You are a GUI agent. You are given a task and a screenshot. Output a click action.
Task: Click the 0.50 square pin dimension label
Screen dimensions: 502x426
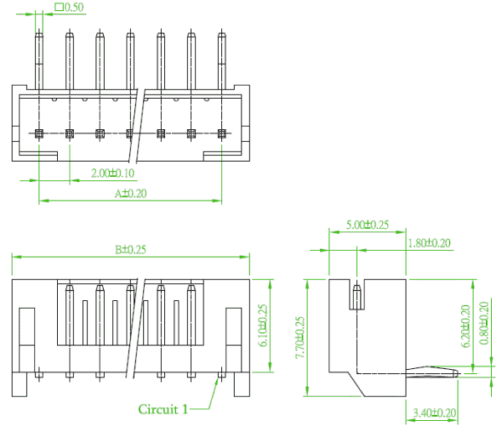pyautogui.click(x=70, y=7)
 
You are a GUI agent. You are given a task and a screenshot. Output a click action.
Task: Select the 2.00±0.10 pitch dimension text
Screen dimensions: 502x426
pyautogui.click(x=112, y=173)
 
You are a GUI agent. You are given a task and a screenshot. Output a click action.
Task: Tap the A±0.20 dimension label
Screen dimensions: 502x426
pyautogui.click(x=131, y=193)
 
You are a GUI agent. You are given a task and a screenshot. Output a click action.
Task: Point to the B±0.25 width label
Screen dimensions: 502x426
pyautogui.click(x=131, y=249)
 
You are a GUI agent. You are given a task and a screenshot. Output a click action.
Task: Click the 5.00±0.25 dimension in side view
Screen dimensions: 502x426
pyautogui.click(x=368, y=224)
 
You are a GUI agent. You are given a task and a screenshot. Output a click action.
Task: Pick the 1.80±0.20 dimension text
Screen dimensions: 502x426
pyautogui.click(x=430, y=243)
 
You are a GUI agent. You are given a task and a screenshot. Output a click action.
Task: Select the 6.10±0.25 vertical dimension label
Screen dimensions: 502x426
pyautogui.click(x=263, y=325)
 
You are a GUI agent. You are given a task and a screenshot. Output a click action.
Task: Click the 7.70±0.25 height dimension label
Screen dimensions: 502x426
pyautogui.click(x=299, y=338)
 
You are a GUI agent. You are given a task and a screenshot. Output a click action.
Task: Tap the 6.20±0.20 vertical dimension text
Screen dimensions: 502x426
pyautogui.click(x=465, y=327)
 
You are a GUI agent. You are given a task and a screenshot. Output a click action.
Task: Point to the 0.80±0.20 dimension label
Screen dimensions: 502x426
pyautogui.click(x=484, y=323)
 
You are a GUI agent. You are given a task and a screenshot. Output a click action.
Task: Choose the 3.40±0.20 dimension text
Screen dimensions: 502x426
pyautogui.click(x=435, y=412)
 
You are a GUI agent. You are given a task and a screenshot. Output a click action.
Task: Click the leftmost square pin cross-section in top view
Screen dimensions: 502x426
pyautogui.click(x=39, y=133)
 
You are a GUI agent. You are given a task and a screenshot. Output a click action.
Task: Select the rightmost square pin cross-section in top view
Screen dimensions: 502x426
pyautogui.click(x=221, y=133)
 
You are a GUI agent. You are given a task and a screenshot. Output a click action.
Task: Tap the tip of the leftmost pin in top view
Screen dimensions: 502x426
pyautogui.click(x=39, y=30)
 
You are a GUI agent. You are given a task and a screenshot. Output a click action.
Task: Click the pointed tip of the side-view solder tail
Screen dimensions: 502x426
pyautogui.click(x=459, y=373)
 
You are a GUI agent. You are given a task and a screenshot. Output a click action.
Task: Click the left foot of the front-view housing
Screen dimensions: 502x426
pyautogui.click(x=20, y=384)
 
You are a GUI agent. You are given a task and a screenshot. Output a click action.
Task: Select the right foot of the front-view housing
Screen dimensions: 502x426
pyautogui.click(x=242, y=384)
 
